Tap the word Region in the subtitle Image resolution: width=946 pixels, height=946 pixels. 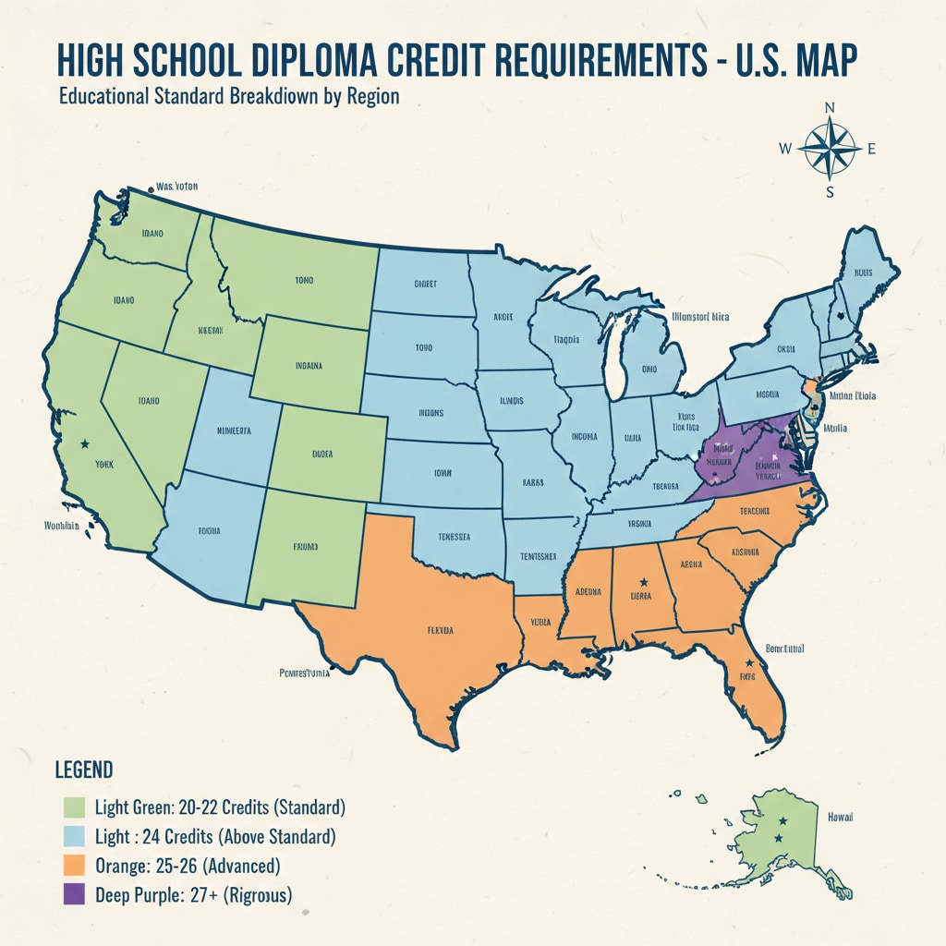click(373, 97)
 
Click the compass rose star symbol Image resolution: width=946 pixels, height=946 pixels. click(829, 148)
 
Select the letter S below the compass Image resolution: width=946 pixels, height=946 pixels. click(830, 192)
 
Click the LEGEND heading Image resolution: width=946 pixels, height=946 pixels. click(84, 770)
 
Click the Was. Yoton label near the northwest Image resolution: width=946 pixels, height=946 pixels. click(177, 187)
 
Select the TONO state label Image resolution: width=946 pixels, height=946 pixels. click(303, 279)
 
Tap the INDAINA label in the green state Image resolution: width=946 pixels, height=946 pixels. click(309, 366)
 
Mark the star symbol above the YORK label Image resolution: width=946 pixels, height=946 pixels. click(87, 444)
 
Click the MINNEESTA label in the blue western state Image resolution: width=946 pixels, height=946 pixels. click(233, 431)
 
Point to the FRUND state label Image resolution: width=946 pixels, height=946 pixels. click(305, 547)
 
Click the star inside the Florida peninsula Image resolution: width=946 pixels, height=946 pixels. click(749, 663)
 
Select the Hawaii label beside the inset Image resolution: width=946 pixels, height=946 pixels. click(841, 818)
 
